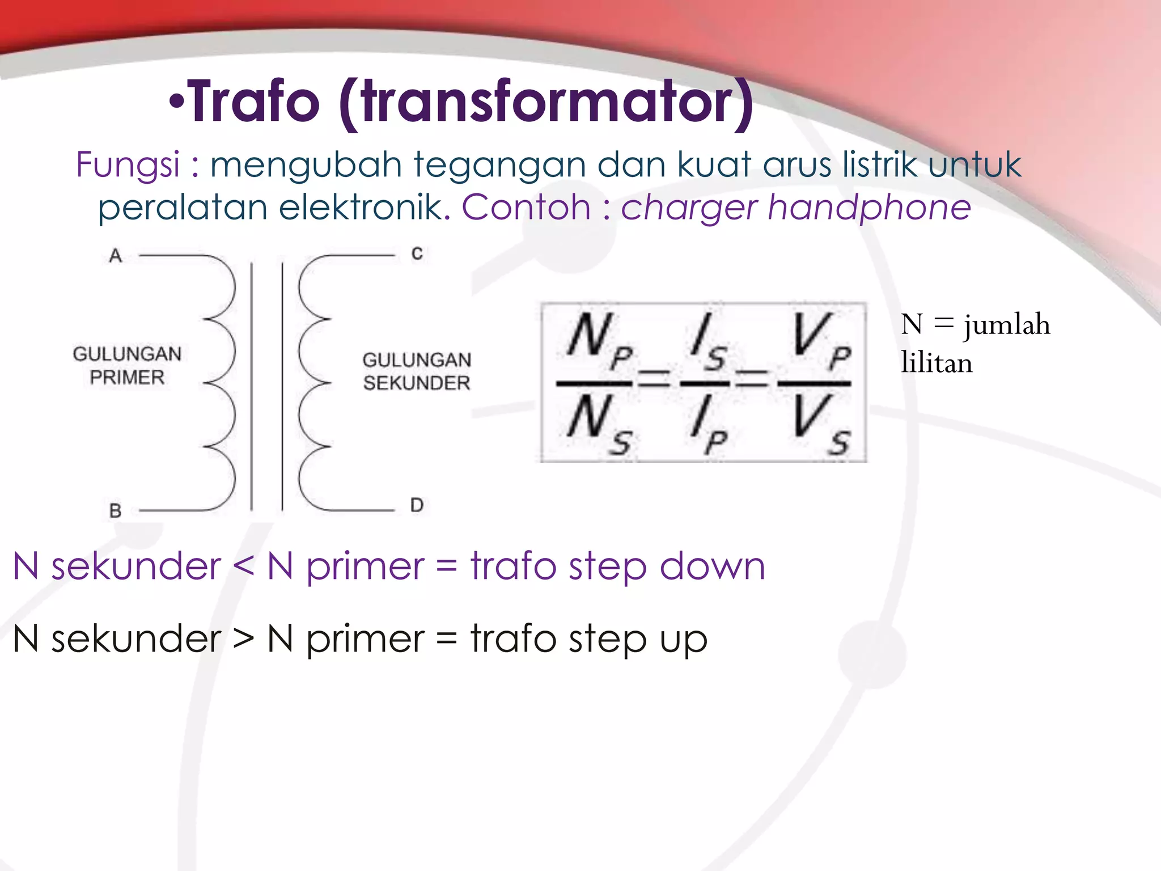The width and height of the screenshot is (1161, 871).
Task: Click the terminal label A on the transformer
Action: click(116, 256)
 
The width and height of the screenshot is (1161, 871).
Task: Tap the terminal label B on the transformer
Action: click(116, 511)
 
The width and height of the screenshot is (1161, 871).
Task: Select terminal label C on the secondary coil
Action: click(417, 253)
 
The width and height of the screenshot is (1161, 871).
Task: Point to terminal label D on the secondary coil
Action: click(417, 505)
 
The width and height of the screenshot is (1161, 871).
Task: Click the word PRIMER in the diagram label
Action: click(127, 378)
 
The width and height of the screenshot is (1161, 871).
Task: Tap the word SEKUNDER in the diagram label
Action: click(417, 383)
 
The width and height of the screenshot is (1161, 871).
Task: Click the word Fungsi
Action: click(128, 165)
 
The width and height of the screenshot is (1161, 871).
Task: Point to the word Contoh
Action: click(526, 207)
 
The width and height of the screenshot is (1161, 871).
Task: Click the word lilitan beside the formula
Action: click(937, 363)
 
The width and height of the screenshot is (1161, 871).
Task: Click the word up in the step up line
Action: click(684, 641)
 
